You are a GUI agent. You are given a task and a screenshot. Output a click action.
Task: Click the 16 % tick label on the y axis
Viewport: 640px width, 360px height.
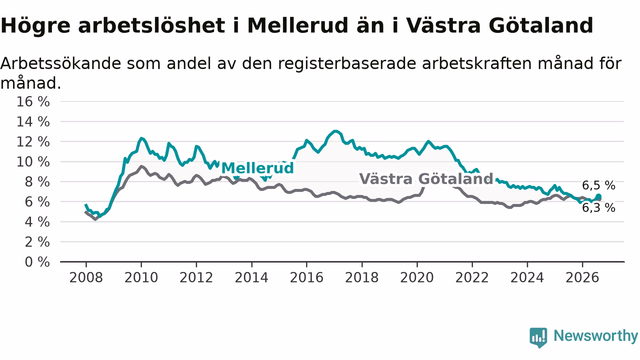(x=33, y=101)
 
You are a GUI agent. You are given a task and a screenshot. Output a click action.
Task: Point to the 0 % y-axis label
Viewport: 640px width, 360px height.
(x=37, y=262)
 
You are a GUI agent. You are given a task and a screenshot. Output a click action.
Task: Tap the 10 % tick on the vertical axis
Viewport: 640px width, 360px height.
(x=33, y=162)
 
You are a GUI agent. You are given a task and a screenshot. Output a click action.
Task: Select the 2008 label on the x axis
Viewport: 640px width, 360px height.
(x=86, y=277)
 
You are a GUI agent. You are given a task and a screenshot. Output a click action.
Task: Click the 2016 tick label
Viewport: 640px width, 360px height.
(x=306, y=277)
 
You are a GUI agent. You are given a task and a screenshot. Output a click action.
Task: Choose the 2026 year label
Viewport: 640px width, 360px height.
(x=582, y=277)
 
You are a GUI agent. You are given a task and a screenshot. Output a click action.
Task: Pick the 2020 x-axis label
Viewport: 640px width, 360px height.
(x=417, y=277)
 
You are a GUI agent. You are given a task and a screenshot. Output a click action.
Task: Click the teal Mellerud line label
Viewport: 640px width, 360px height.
(x=257, y=167)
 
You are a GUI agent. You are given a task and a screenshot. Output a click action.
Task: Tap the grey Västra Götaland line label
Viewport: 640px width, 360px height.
(x=426, y=179)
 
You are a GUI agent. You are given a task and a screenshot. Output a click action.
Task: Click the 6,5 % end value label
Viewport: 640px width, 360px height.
(x=599, y=185)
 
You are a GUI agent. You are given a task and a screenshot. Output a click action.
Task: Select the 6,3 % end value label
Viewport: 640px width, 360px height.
(x=599, y=208)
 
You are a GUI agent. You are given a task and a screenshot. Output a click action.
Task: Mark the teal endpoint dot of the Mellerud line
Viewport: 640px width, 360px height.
(x=598, y=196)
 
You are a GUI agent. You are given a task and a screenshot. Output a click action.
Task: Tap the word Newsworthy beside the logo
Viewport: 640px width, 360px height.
(x=595, y=335)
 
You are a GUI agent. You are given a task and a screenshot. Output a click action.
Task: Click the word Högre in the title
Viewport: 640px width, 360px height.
(x=35, y=26)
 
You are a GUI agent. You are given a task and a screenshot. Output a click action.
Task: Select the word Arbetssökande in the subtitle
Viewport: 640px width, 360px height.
(x=60, y=63)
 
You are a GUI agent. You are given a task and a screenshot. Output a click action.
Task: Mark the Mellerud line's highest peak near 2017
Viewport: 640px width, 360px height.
(x=335, y=131)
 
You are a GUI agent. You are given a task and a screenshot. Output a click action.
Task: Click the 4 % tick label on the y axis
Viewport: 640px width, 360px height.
(x=37, y=222)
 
